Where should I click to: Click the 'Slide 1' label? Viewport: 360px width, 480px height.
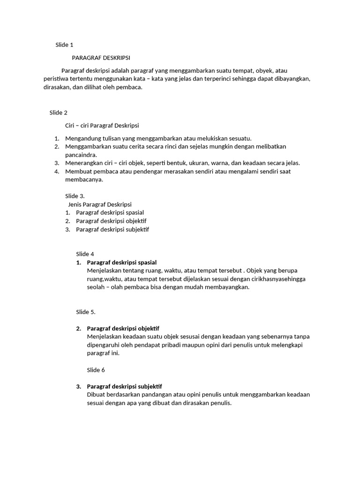[x=64, y=45]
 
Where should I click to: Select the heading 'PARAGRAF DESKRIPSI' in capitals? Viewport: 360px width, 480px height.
[x=101, y=58]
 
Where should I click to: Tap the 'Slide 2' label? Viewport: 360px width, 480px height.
[x=59, y=112]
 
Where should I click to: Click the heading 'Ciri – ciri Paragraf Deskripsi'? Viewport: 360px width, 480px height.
[x=102, y=125]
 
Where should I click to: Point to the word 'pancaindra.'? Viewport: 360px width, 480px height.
[x=81, y=155]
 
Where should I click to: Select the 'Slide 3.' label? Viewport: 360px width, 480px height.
[x=75, y=196]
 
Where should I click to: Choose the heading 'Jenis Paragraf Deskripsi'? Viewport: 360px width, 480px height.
[x=100, y=204]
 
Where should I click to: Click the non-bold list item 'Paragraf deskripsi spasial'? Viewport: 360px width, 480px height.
[x=110, y=212]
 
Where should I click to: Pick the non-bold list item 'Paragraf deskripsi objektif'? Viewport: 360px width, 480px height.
[x=111, y=221]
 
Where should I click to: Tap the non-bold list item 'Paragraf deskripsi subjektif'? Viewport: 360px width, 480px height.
[x=112, y=229]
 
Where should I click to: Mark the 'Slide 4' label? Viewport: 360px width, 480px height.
[x=85, y=254]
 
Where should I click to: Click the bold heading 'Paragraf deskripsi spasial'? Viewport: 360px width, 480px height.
[x=122, y=262]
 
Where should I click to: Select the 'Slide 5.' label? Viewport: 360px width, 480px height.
[x=86, y=312]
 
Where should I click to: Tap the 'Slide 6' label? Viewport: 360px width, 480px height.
[x=96, y=370]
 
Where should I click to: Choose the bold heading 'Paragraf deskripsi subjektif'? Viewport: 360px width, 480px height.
[x=124, y=386]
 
